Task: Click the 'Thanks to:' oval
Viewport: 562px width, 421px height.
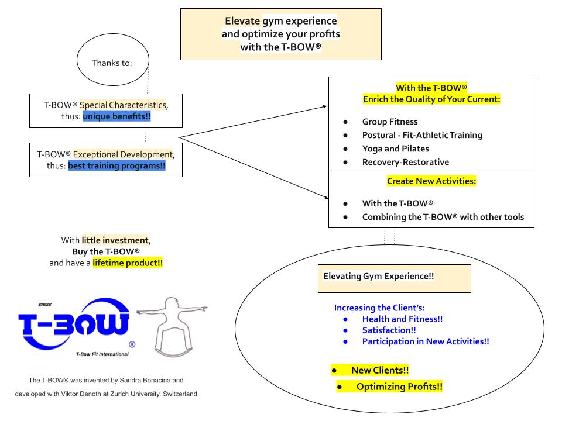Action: click(112, 63)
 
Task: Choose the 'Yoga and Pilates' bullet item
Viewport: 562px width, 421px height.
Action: click(395, 149)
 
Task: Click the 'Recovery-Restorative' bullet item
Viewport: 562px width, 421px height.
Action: click(406, 162)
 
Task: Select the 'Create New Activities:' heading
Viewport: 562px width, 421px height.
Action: click(431, 181)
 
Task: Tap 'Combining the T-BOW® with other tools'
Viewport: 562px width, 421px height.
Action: click(443, 217)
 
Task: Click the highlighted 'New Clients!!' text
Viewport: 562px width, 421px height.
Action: click(379, 370)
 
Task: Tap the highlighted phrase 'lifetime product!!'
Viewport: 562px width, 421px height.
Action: click(128, 263)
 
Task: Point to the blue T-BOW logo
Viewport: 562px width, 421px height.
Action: click(74, 325)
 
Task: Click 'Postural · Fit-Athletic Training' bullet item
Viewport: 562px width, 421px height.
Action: click(422, 135)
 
